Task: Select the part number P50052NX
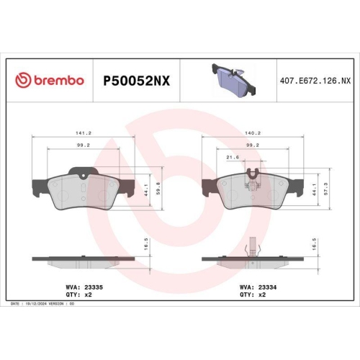[137, 81]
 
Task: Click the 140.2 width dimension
[251, 133]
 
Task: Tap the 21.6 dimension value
[232, 156]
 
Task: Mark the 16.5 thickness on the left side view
[147, 246]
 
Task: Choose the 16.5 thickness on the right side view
[315, 246]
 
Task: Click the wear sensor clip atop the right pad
[251, 174]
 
